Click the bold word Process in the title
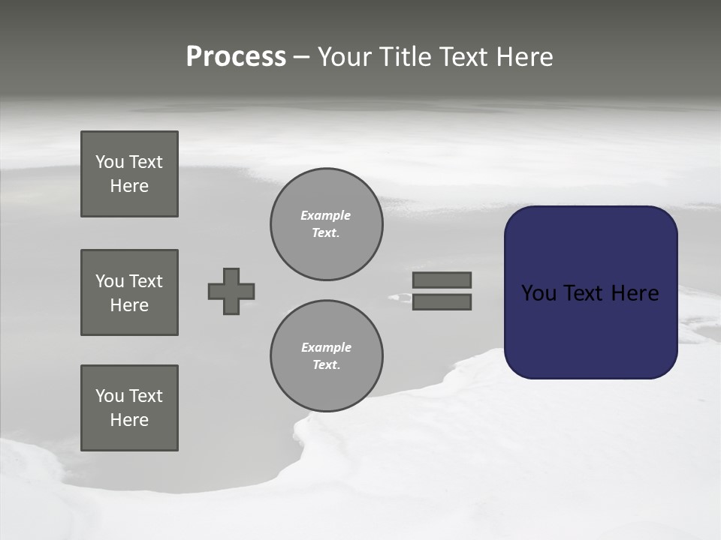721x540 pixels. click(236, 57)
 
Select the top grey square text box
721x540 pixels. click(129, 174)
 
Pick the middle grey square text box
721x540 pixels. click(129, 292)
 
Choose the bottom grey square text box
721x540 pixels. click(129, 408)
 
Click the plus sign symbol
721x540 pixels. click(231, 291)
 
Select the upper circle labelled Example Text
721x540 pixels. click(326, 224)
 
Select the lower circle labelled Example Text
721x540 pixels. click(326, 356)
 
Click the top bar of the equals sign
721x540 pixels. click(442, 280)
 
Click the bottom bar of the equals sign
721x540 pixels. click(442, 302)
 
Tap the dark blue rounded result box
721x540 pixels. click(590, 330)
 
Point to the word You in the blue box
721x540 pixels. click(538, 293)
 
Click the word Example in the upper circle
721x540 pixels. click(326, 215)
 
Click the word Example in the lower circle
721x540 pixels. click(326, 347)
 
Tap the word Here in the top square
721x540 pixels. click(129, 186)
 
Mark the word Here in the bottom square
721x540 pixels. click(129, 420)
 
